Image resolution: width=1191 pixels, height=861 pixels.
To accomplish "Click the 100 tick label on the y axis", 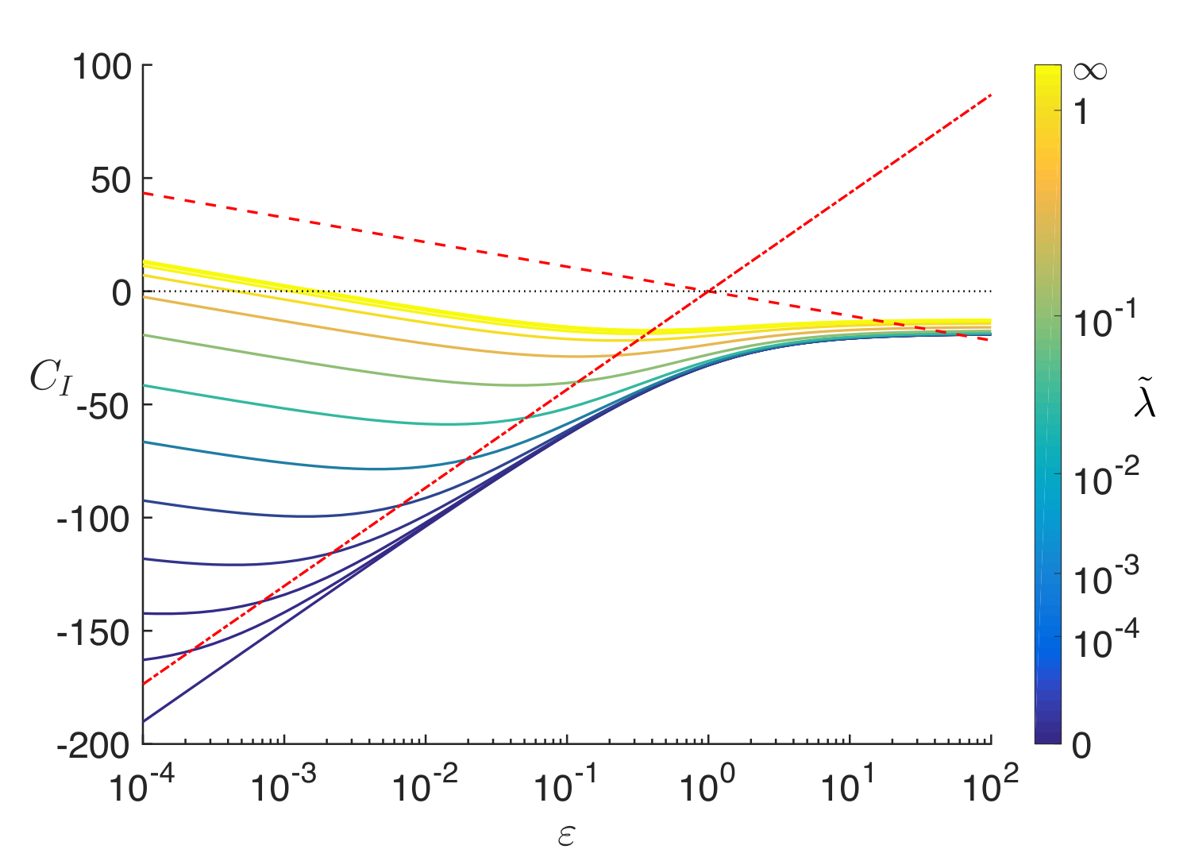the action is coord(102,68).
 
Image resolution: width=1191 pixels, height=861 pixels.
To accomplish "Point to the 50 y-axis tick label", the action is coord(110,181).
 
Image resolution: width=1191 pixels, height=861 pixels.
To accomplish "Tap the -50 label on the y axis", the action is coord(103,407).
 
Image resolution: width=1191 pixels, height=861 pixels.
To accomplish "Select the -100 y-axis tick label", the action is coord(93,519).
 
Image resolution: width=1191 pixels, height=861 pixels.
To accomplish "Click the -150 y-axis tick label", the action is coord(93,633).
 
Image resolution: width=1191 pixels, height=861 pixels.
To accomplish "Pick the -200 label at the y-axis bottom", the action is coord(93,746).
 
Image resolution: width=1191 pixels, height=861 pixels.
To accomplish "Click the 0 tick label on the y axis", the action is coord(121,292).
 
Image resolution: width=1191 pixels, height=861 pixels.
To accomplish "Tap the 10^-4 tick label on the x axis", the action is coord(142,783).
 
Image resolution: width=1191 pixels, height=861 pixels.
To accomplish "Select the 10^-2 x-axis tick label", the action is coord(425,783).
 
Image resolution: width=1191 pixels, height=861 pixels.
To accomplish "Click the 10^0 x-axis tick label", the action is coord(707,783).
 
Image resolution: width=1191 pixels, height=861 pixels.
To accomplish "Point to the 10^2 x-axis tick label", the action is coord(991,783).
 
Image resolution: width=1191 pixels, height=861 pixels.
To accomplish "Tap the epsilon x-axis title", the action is coord(566,836).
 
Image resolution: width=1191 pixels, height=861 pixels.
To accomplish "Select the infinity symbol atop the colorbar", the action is coord(1090,71).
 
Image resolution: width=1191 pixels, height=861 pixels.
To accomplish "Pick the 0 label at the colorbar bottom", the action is coord(1081,746).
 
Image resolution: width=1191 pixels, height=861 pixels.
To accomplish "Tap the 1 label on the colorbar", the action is coord(1081,112).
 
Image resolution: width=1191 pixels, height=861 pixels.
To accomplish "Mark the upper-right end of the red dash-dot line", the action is coord(991,95).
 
